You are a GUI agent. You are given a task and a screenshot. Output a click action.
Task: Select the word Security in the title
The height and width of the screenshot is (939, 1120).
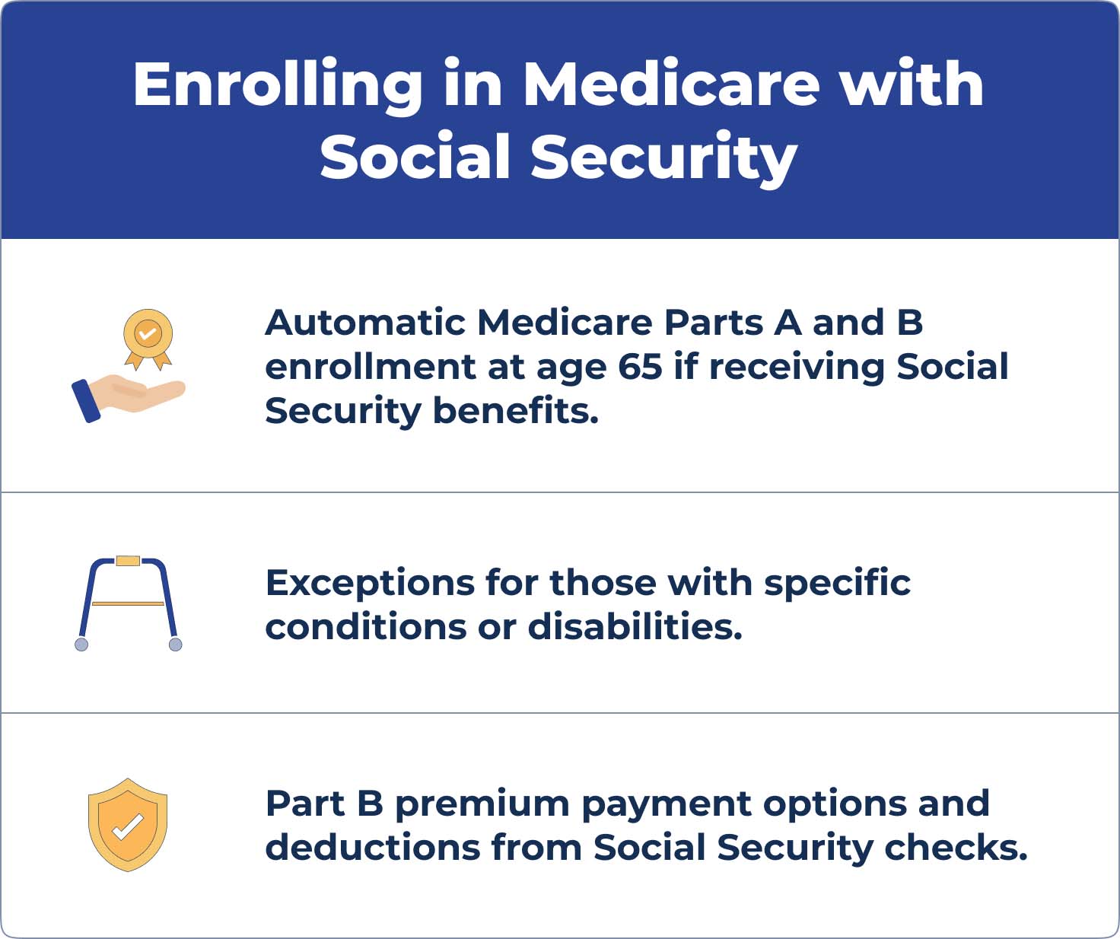(664, 158)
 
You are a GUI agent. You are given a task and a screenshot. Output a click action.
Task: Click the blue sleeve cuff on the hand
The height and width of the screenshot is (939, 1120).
(86, 401)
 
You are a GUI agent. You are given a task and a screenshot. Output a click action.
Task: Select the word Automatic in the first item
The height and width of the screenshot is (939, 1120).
(365, 323)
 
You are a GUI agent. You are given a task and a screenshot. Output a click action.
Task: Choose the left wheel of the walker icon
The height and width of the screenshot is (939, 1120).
(81, 644)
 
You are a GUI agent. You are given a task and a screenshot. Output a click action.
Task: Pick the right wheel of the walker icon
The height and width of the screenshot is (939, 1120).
(176, 644)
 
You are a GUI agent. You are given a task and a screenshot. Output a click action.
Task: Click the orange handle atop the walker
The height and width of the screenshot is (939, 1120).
(128, 561)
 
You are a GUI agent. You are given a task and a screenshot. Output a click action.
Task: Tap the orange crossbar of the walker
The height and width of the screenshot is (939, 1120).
(128, 603)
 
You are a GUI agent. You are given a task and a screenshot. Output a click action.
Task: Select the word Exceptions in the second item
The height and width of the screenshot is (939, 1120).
(370, 583)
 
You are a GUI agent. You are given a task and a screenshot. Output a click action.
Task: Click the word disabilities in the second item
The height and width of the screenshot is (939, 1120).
(635, 627)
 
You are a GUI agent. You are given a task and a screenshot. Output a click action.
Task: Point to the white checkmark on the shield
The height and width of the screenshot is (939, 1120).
(128, 827)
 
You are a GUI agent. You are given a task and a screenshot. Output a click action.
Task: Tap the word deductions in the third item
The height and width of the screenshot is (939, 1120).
(373, 848)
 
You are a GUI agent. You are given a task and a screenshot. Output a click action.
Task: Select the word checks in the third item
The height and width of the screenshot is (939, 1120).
(956, 848)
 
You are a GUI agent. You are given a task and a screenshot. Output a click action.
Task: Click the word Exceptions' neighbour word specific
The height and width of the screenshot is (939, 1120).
(837, 583)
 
